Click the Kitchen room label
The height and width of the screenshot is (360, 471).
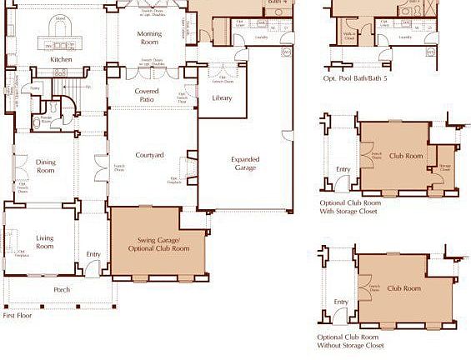coord(61,60)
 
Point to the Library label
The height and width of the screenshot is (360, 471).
coord(222,98)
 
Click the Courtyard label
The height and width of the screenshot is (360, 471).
coord(149,155)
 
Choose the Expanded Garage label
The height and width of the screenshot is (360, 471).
coord(245,163)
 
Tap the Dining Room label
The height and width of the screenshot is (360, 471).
coord(45,166)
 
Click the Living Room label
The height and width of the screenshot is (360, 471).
coord(44,242)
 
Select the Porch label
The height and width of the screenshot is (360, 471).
coord(62,290)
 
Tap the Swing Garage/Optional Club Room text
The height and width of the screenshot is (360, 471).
coord(158,246)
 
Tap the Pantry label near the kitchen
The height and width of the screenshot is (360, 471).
coord(36,87)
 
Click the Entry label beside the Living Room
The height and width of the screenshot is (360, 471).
coord(93,255)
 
